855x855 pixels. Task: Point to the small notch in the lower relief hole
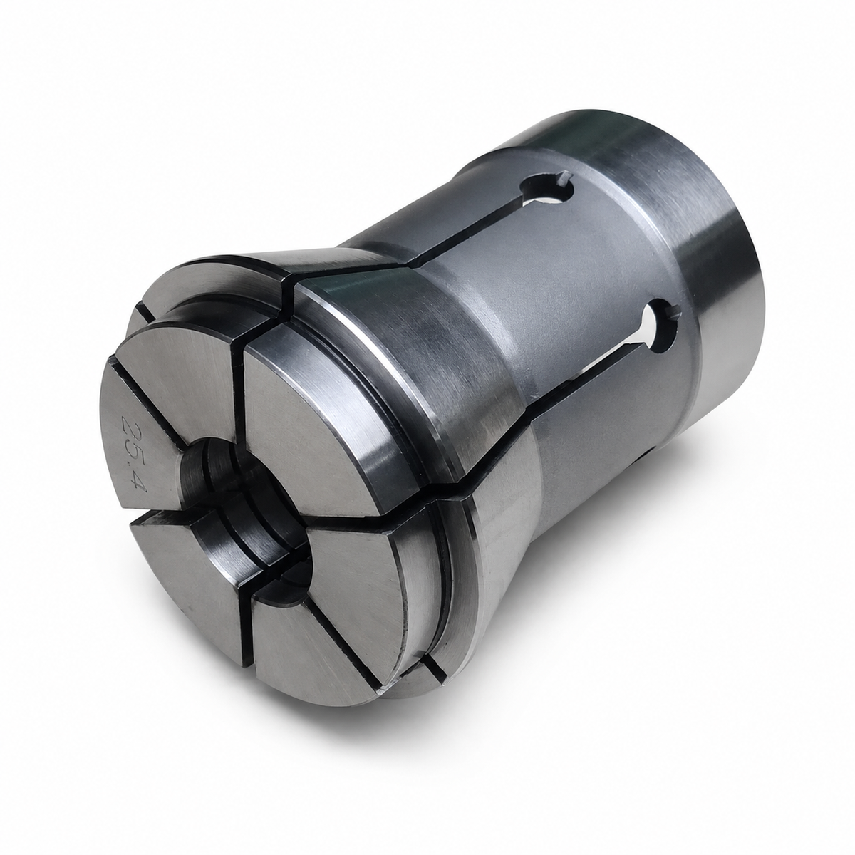673,315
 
